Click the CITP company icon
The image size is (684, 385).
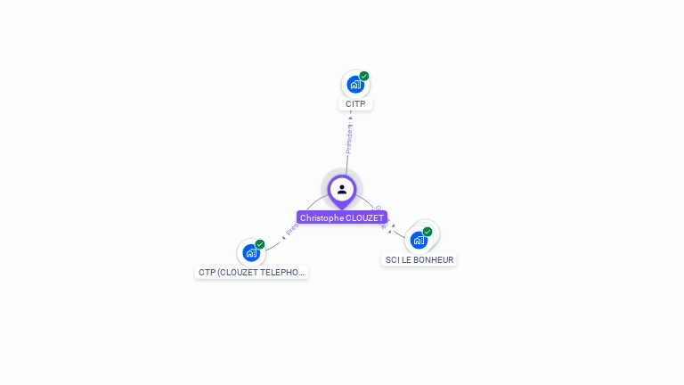pos(354,86)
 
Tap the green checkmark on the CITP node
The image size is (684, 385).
pos(364,77)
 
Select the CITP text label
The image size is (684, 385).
pos(355,104)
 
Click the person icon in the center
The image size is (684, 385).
pos(342,189)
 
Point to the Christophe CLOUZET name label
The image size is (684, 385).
pos(342,217)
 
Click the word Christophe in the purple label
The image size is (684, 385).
pos(321,217)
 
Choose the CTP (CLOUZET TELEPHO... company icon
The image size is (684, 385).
pos(250,253)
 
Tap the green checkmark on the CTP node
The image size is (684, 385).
pos(260,244)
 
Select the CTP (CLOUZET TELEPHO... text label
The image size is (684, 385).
pos(251,273)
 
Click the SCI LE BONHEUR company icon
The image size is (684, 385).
pos(419,241)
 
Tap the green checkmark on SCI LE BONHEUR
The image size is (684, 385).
pos(427,232)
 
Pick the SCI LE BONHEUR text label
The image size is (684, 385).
pos(419,260)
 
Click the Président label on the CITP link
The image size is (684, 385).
pos(349,138)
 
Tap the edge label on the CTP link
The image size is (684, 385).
pos(291,230)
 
